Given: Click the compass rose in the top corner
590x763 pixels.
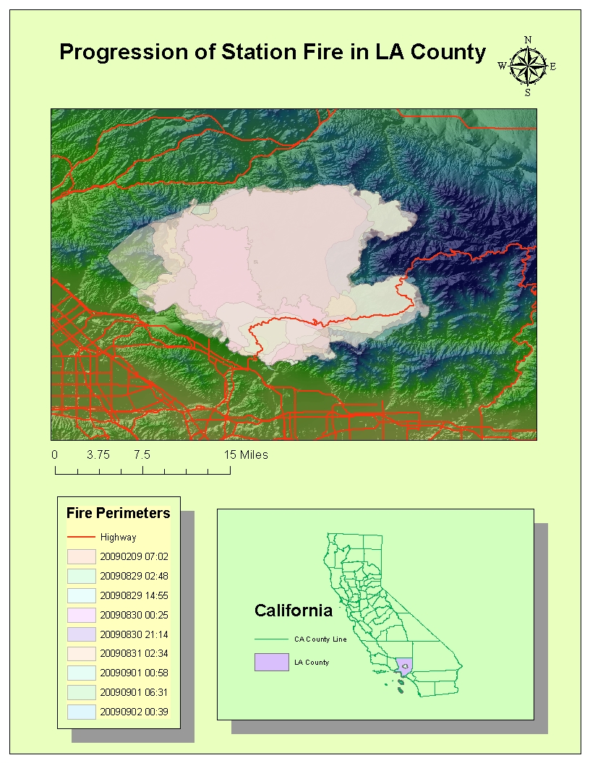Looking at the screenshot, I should (527, 66).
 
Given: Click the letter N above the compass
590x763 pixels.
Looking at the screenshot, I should (528, 40).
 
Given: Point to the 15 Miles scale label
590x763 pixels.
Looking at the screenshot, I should (246, 454).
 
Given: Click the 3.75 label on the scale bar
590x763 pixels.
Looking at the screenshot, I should (98, 454).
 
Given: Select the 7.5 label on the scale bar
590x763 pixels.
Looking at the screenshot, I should (142, 454).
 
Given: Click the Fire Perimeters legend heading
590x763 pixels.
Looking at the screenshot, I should (118, 514).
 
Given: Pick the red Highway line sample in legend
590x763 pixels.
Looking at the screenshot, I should (81, 537).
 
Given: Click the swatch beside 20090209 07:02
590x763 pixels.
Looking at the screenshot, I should (81, 557).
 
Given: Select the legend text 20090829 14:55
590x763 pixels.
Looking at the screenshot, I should (134, 596).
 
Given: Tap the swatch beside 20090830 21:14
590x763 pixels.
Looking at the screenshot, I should (81, 634).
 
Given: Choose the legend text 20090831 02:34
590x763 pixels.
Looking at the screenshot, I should (134, 654).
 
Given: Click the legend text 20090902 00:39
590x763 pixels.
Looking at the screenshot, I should (134, 712).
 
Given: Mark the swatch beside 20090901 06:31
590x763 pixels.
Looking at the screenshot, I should (81, 692).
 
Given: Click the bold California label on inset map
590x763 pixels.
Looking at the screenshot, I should (293, 611).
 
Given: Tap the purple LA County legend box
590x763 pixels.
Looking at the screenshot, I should (271, 662).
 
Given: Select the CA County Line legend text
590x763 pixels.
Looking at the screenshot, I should (320, 639).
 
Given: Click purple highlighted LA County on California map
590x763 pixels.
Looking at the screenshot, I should (406, 665).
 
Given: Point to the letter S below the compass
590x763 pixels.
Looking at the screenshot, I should (528, 92).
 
